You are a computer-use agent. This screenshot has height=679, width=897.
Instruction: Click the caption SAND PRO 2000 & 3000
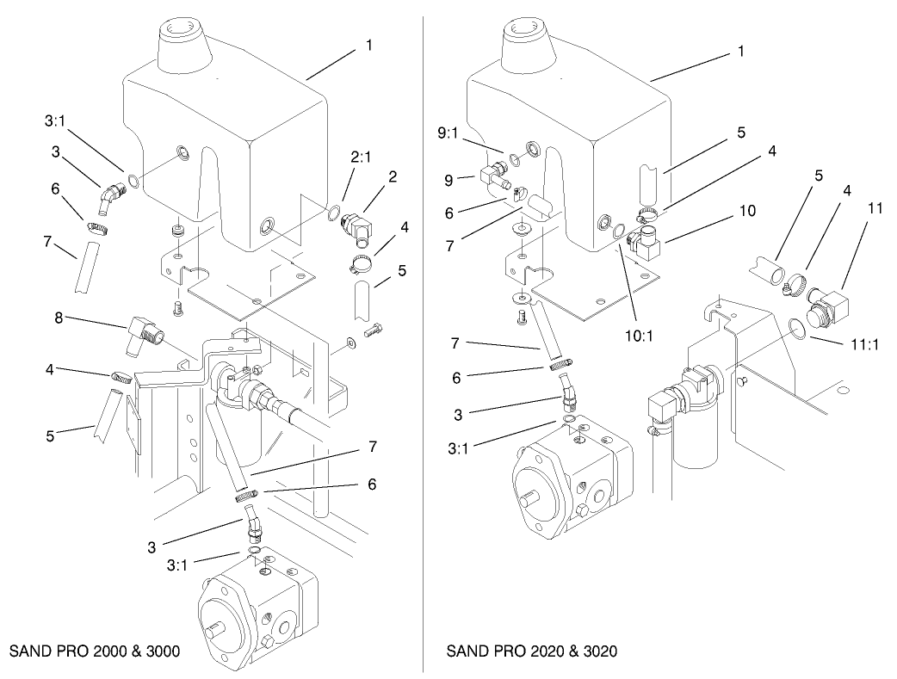pos(95,651)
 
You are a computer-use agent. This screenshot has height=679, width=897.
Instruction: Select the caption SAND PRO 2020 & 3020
pos(531,651)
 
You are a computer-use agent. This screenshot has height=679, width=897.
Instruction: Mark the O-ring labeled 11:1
pos(799,329)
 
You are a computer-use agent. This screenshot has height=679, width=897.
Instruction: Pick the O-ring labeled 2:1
pos(333,213)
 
